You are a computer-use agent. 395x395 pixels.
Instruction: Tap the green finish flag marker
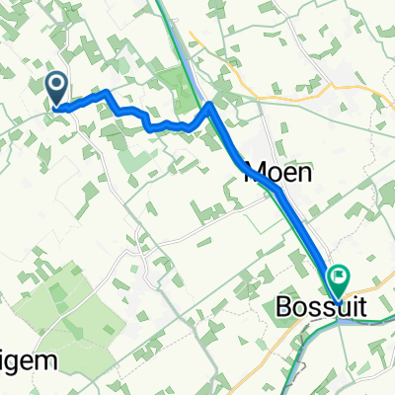[341, 279]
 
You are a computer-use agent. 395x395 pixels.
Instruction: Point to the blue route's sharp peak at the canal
[210, 104]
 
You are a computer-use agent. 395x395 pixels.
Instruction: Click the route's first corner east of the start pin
[105, 93]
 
